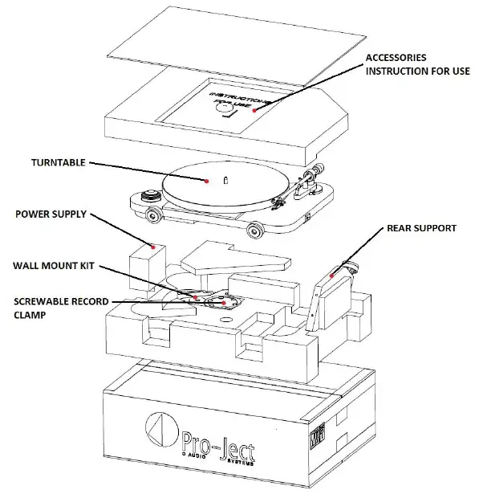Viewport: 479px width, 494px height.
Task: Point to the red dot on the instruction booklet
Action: click(x=255, y=109)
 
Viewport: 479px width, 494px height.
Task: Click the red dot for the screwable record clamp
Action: click(x=225, y=304)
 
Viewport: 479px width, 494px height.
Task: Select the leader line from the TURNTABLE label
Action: click(x=144, y=170)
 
